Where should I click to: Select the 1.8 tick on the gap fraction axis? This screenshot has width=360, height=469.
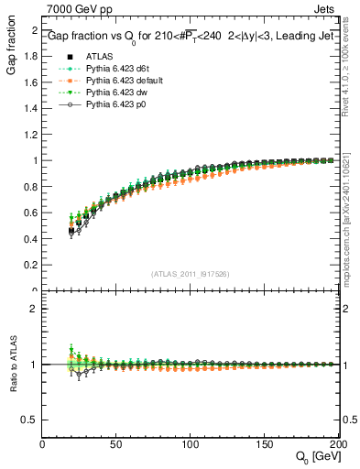point(30,57)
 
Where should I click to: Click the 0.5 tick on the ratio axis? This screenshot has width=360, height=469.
point(30,420)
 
